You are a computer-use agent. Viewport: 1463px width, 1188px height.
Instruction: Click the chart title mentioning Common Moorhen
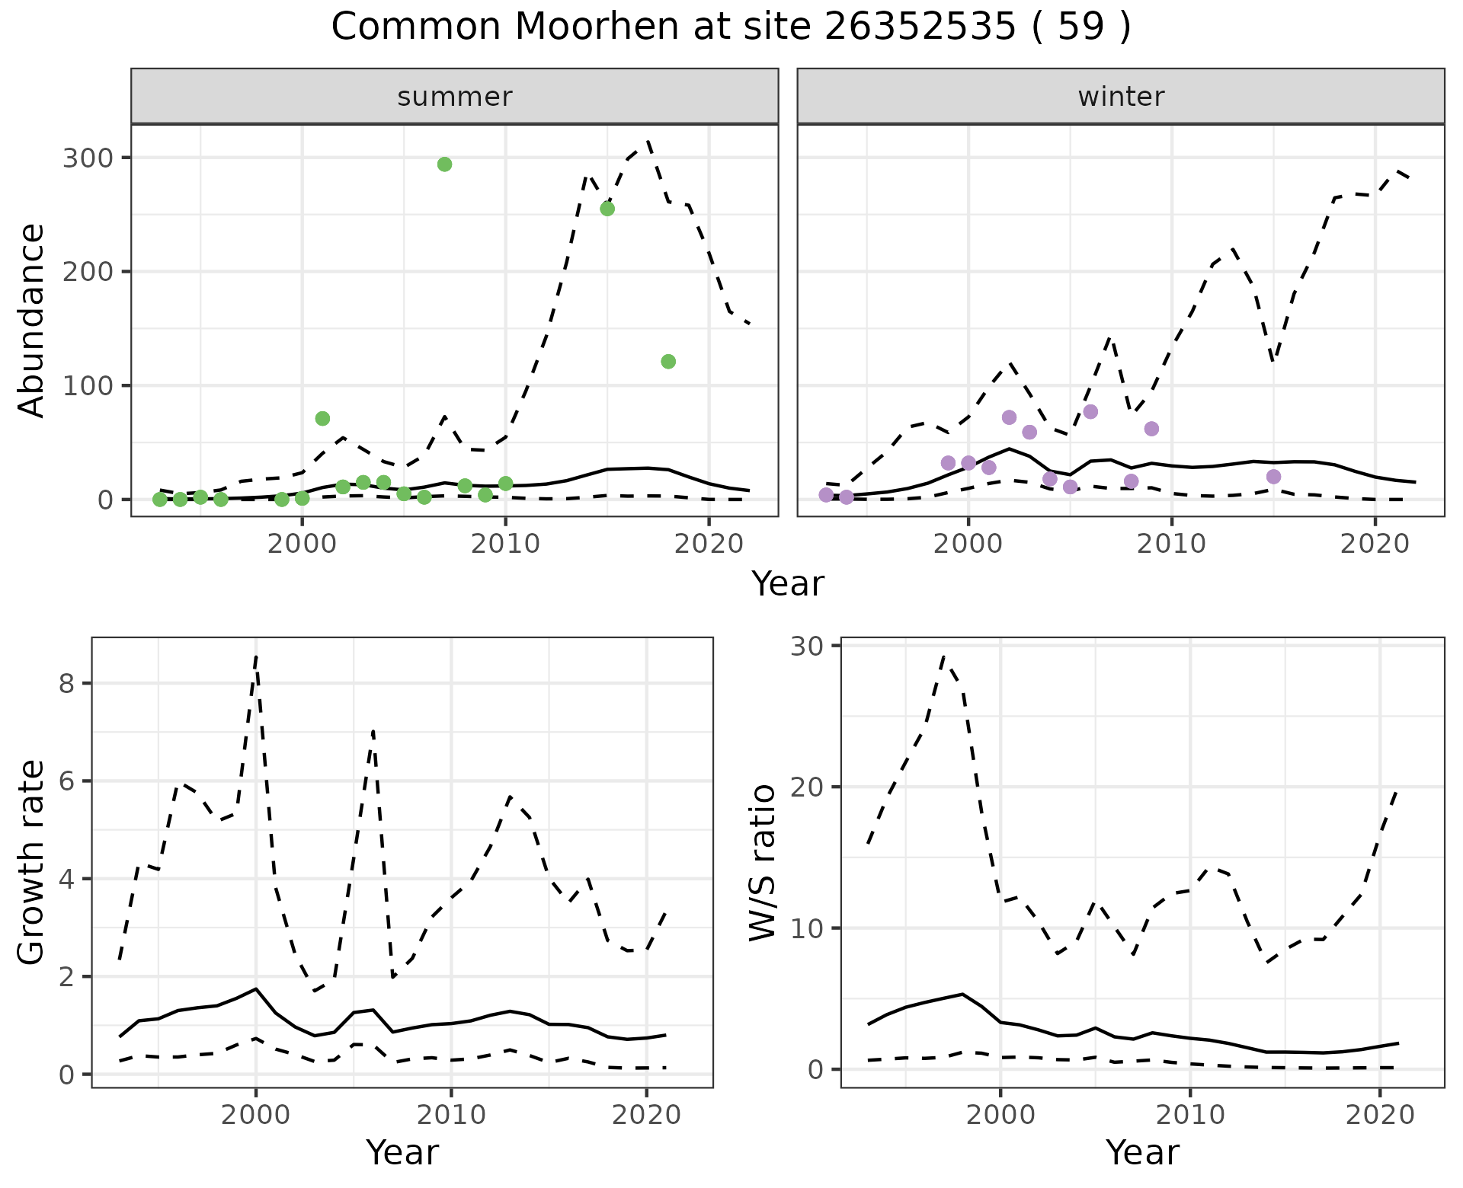[731, 27]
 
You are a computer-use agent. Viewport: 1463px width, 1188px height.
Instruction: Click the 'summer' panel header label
[454, 97]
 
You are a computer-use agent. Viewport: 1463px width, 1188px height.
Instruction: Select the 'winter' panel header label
[1120, 97]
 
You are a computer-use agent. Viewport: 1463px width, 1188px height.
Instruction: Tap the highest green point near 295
[445, 164]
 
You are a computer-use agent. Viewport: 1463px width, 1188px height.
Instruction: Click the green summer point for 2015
[607, 209]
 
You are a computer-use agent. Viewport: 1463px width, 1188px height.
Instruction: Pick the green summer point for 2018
[668, 362]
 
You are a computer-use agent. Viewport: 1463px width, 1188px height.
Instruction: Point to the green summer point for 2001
[322, 419]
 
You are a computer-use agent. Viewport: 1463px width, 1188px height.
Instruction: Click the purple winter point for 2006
[1090, 412]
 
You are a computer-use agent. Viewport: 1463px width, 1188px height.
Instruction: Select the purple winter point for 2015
[1273, 477]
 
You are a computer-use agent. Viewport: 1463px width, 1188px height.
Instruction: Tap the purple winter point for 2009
[1151, 429]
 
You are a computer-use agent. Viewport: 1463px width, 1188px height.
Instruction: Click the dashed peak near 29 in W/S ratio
[944, 656]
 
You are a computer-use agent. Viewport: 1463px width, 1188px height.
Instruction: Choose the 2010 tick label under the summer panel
[505, 544]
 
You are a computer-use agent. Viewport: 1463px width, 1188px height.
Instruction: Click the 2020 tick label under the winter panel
[1375, 544]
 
